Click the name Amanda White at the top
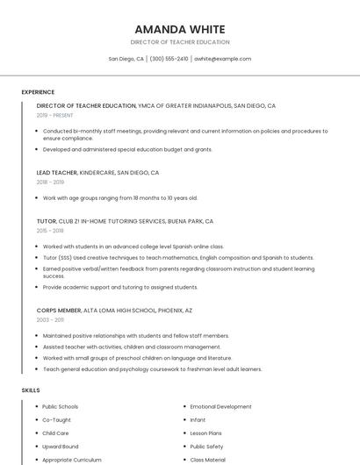pyautogui.click(x=180, y=29)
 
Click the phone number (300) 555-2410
pyautogui.click(x=169, y=59)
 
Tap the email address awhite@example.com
pyautogui.click(x=222, y=59)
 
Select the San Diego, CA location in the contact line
pyautogui.click(x=126, y=59)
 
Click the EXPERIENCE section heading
pyautogui.click(x=38, y=92)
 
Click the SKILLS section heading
pyautogui.click(x=30, y=390)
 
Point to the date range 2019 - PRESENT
pyautogui.click(x=55, y=115)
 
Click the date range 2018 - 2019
pyautogui.click(x=50, y=182)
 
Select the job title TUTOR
pyautogui.click(x=46, y=221)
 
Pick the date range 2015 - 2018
pyautogui.click(x=50, y=231)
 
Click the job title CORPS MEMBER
pyautogui.click(x=58, y=310)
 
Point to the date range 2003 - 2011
pyautogui.click(x=50, y=320)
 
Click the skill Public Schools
pyautogui.click(x=60, y=407)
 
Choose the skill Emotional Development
pyautogui.click(x=220, y=407)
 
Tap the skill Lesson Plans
pyautogui.click(x=206, y=433)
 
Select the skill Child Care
pyautogui.click(x=55, y=433)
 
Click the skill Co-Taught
pyautogui.click(x=56, y=420)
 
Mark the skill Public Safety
pyautogui.click(x=207, y=447)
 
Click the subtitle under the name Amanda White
pyautogui.click(x=180, y=42)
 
